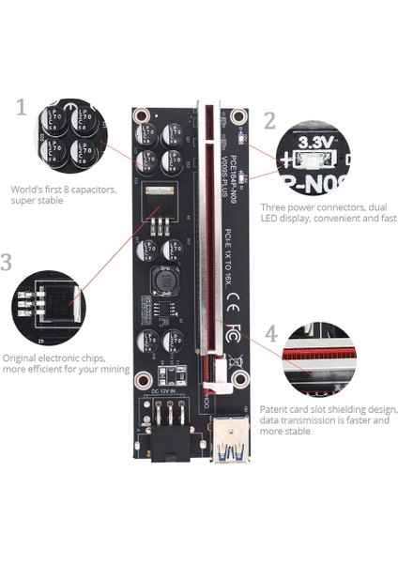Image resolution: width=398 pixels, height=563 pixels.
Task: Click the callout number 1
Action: pyautogui.click(x=22, y=107)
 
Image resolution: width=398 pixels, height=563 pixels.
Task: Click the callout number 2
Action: pyautogui.click(x=270, y=120)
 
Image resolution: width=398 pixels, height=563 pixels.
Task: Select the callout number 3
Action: pyautogui.click(x=7, y=262)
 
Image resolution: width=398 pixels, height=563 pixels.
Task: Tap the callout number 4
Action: pyautogui.click(x=271, y=333)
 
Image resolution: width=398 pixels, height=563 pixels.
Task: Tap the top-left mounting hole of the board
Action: pyautogui.click(x=142, y=117)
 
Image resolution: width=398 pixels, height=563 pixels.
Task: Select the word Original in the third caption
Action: pyautogui.click(x=21, y=358)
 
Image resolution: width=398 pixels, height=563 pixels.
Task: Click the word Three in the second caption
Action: pyautogui.click(x=275, y=206)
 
